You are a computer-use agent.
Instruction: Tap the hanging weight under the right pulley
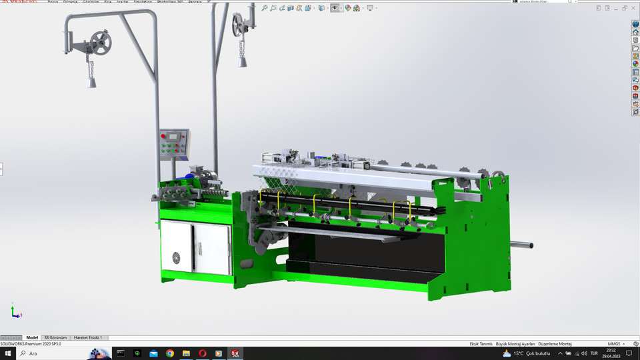(241, 60)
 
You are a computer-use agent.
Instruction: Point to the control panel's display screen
(174, 137)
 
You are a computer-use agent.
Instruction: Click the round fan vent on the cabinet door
(176, 258)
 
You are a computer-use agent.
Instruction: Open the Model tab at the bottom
(32, 338)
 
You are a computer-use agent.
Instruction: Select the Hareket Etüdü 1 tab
(88, 338)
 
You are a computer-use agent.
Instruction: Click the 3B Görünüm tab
(55, 338)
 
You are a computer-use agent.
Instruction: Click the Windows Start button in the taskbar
(8, 353)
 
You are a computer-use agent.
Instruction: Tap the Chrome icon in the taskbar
(170, 353)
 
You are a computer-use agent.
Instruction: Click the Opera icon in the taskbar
(202, 353)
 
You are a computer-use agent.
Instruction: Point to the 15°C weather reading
(517, 353)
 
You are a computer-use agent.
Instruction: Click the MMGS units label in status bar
(613, 343)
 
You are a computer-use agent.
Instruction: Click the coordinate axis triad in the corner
(15, 311)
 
